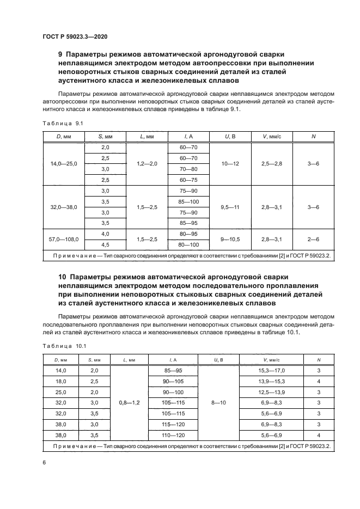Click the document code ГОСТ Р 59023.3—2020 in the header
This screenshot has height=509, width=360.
point(75,36)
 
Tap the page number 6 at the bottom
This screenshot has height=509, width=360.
point(44,462)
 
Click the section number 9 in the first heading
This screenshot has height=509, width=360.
point(60,54)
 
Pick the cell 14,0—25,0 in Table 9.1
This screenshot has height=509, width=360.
point(64,163)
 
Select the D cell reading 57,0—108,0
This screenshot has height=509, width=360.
point(64,239)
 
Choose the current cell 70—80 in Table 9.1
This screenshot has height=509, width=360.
point(188,169)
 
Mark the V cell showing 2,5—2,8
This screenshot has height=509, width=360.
point(272,163)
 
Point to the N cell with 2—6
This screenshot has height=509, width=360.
point(313,239)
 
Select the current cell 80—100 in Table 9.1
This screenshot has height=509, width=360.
point(188,244)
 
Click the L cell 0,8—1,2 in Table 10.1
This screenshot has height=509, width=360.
point(129,402)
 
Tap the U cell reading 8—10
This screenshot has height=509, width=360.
point(216,402)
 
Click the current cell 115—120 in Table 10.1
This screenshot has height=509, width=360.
point(173,423)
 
